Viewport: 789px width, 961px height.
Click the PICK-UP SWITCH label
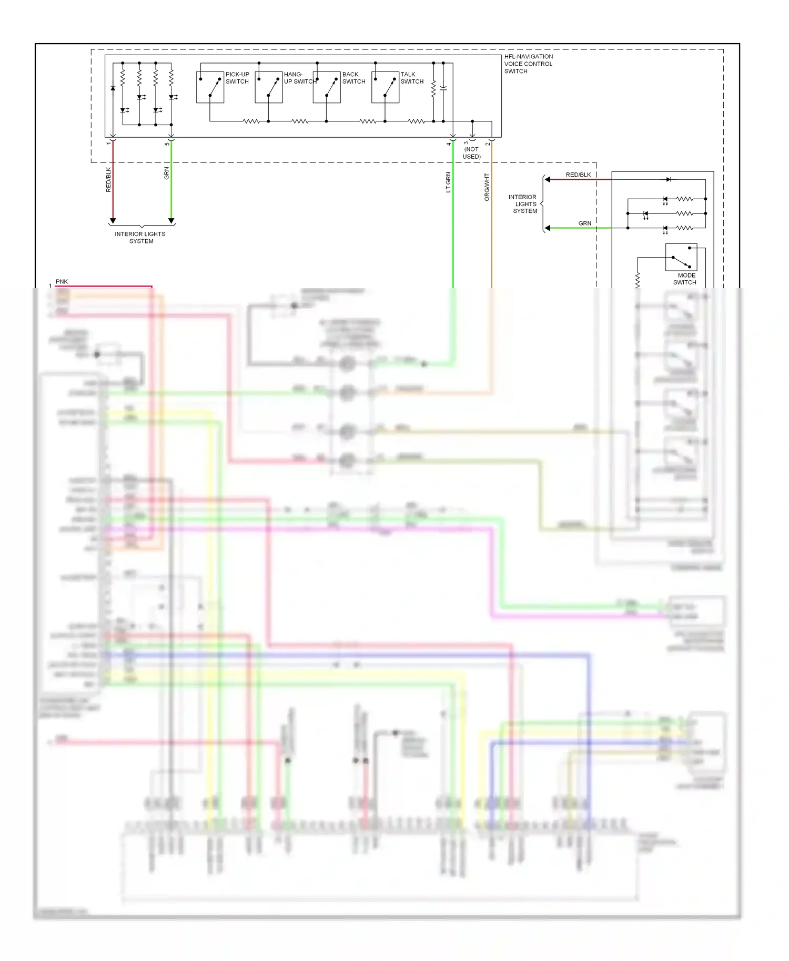(x=237, y=78)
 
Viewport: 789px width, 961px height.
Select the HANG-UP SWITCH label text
(x=300, y=78)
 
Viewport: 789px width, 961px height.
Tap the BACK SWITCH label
(x=353, y=78)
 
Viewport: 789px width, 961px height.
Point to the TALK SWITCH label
(x=412, y=78)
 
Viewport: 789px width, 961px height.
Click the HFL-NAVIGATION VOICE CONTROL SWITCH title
(x=528, y=64)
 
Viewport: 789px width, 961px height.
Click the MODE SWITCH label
(x=685, y=279)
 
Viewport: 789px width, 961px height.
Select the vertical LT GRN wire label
(x=448, y=182)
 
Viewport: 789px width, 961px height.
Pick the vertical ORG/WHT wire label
(x=487, y=187)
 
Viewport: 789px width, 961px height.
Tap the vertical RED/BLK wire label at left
(x=109, y=179)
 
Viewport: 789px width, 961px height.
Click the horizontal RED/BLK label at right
(x=578, y=175)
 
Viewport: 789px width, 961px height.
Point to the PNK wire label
(x=62, y=281)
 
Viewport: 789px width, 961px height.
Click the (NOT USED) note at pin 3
(x=471, y=152)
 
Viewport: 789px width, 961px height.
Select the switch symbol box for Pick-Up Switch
(x=210, y=87)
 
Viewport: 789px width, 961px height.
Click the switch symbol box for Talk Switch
(x=385, y=87)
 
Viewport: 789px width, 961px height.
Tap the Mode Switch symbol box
(x=681, y=257)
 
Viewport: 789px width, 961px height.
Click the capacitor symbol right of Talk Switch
(x=443, y=89)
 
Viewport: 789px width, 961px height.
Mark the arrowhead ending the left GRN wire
(x=171, y=221)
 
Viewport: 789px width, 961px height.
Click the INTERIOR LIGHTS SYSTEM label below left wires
(x=140, y=237)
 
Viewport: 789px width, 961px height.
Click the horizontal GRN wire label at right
(x=584, y=223)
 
